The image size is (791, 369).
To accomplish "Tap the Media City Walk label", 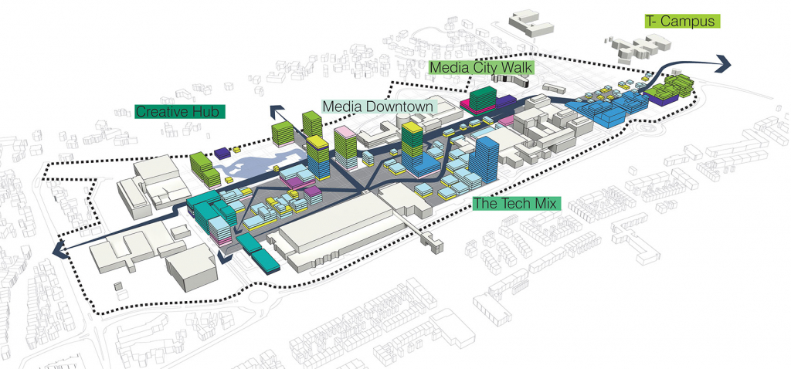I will (481, 68).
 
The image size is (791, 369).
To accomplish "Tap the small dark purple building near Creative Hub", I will (222, 153).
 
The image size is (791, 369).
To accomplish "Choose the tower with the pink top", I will (345, 147).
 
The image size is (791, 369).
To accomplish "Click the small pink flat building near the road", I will (506, 121).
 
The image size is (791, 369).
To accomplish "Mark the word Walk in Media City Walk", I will (514, 68).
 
